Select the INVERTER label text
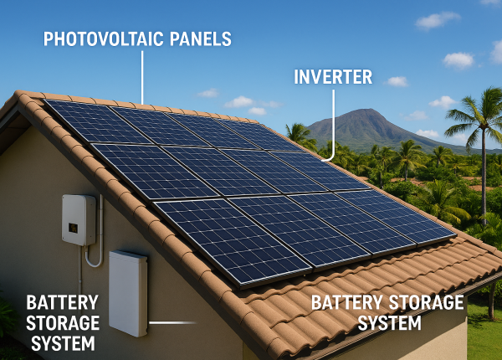333,78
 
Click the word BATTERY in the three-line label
62,302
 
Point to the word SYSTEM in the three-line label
62,343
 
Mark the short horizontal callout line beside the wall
172,322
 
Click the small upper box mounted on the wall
79,219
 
